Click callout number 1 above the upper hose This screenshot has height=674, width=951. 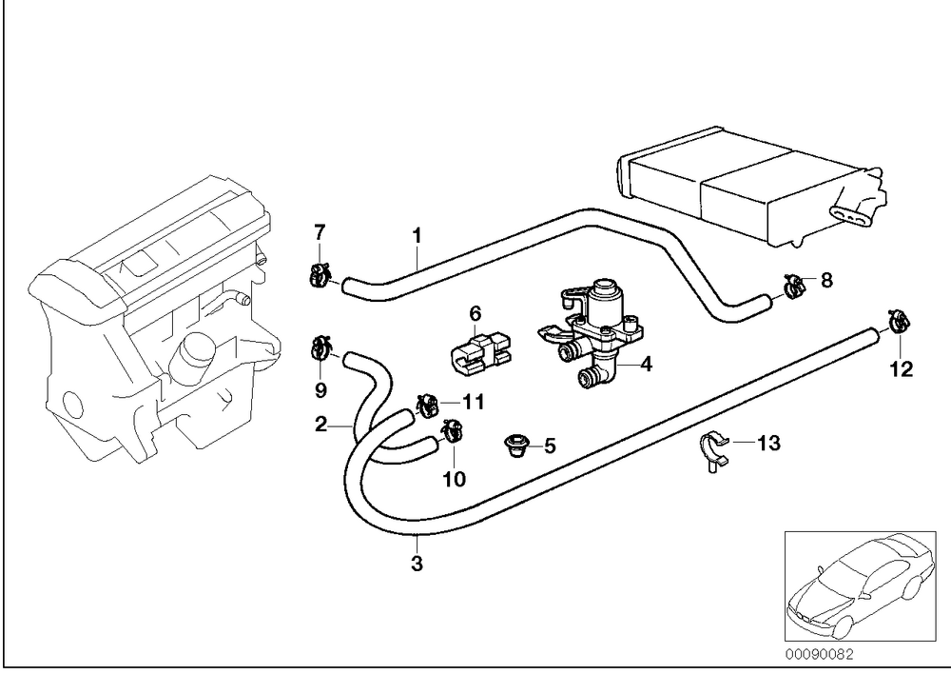coord(417,235)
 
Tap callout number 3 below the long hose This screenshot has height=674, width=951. coord(417,563)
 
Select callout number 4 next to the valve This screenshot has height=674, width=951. coord(646,365)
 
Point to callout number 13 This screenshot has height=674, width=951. coord(769,444)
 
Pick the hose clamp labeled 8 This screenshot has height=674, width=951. coord(791,286)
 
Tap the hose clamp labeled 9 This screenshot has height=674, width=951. coord(319,348)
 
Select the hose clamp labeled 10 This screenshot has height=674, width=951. coord(452,431)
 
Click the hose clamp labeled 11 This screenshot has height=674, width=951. coord(427,405)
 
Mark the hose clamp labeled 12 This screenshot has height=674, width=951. coord(900,322)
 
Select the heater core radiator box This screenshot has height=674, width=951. coord(752,186)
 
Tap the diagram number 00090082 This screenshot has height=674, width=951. coord(820,655)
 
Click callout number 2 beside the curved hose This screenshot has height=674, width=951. coord(320,425)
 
